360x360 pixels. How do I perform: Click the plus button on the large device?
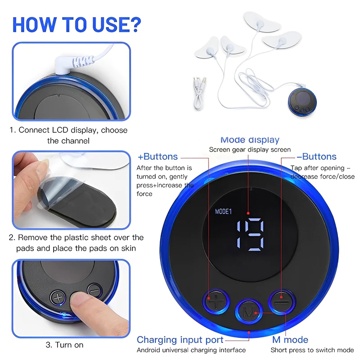216,301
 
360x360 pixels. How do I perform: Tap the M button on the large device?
249,312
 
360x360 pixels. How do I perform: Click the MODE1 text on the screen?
223,211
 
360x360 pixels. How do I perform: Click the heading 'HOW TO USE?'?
76,24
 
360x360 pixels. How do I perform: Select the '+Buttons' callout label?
157,157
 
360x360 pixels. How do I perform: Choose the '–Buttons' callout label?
317,157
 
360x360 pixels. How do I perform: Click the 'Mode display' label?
250,139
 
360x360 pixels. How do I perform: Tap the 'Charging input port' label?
180,340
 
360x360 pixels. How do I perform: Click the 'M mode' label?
290,340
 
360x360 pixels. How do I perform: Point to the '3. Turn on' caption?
64,345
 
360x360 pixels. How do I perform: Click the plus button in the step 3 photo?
58,298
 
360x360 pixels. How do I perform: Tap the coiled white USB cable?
199,94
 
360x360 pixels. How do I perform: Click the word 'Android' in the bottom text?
148,350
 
